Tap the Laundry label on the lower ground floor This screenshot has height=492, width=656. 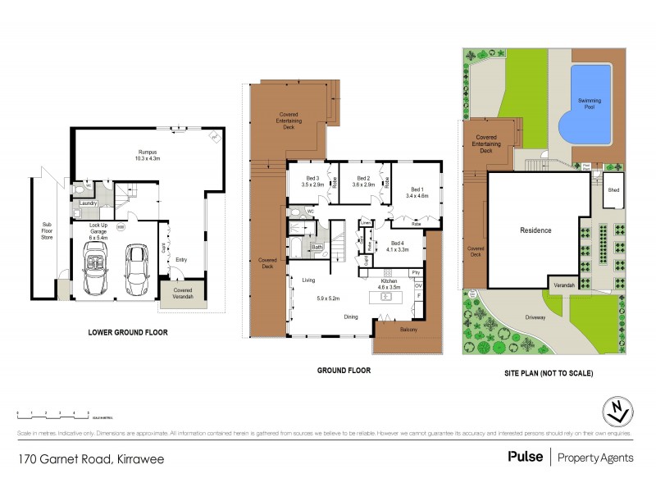coord(89,203)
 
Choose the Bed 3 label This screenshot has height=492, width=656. coord(312,179)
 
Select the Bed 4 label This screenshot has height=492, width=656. coord(398,244)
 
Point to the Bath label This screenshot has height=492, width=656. coord(317,247)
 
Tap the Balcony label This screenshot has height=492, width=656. coord(408,330)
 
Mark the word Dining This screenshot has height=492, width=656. coord(351,316)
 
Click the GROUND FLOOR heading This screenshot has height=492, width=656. coord(344,371)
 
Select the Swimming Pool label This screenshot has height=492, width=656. coord(589,102)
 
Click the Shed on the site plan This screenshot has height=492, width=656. coord(613,189)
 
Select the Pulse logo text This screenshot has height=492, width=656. coord(525,457)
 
